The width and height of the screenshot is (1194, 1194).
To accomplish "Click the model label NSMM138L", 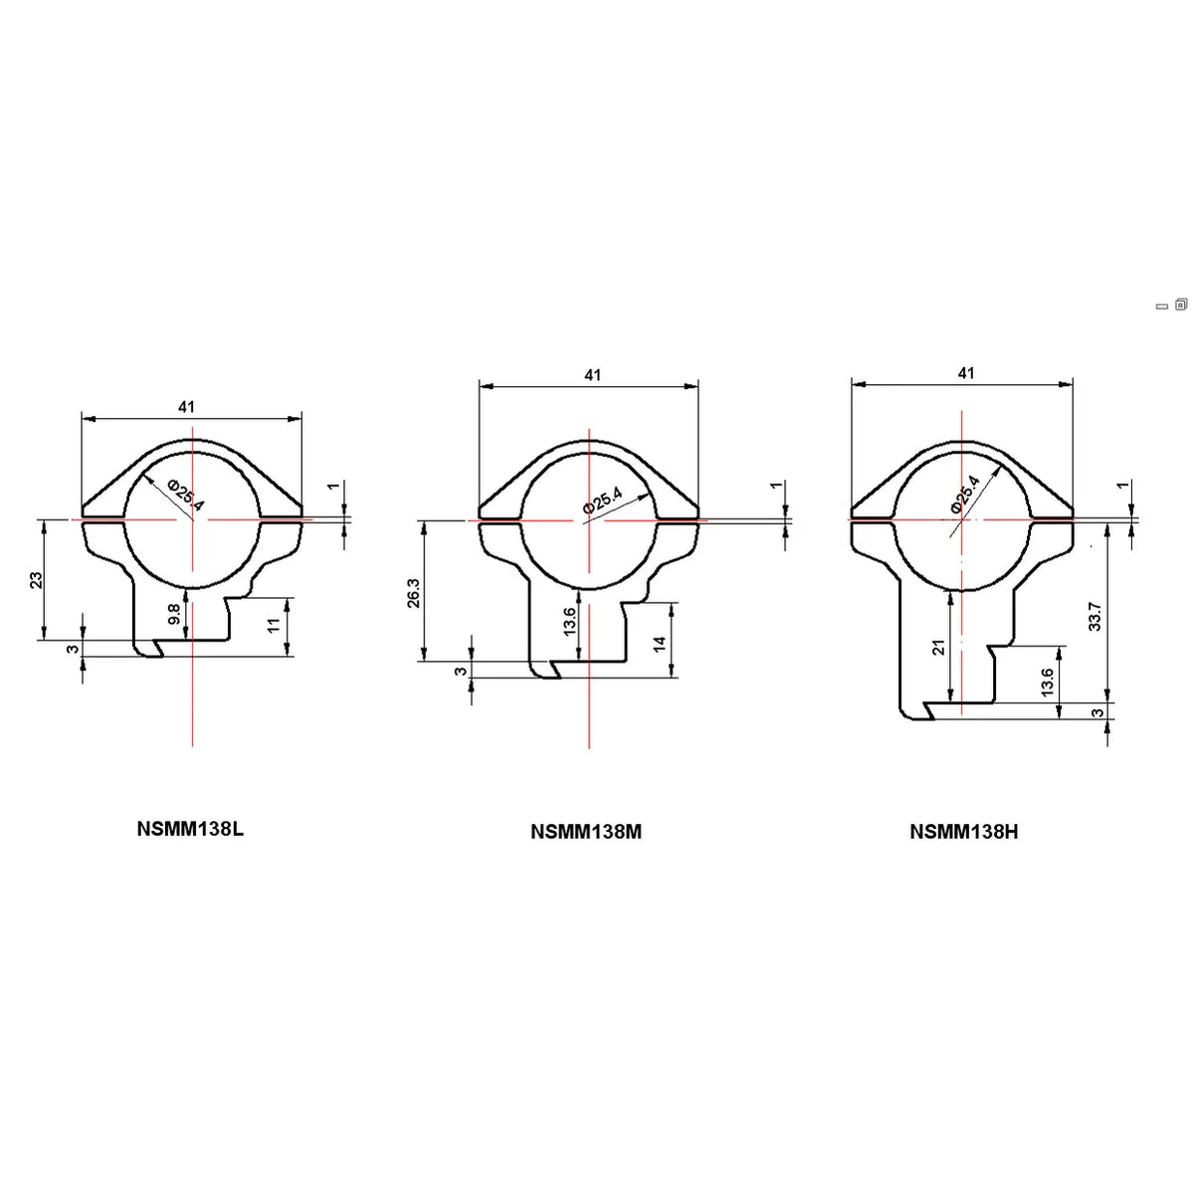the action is pos(190,829).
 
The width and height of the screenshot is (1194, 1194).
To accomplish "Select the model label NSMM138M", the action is pos(586,832).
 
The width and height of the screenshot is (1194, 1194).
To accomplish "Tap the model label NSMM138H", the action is pos(963,832).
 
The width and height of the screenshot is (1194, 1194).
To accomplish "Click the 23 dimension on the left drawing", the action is pos(37,580).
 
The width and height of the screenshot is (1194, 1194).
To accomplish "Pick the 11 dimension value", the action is pos(275,624).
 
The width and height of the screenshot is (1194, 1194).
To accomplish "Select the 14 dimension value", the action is pos(660,643).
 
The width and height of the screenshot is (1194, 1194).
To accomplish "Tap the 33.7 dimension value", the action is pos(1095,617).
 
